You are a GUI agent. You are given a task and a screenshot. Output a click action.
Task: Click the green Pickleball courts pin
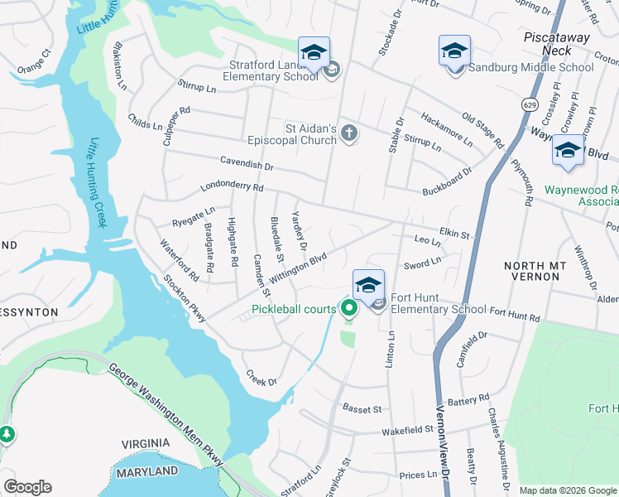pos(348,310)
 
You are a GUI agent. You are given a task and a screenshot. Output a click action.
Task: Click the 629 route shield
pos(528,103)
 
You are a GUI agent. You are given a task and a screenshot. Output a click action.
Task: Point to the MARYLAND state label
pos(146,471)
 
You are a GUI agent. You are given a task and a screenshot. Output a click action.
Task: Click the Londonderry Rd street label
pos(231,187)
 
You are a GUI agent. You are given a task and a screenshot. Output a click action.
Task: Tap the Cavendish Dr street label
pos(247,164)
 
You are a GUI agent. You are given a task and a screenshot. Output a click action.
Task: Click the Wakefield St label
pos(407,430)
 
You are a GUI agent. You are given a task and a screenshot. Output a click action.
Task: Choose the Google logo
pos(27,487)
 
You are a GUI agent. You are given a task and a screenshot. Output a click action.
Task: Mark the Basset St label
pos(362,408)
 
